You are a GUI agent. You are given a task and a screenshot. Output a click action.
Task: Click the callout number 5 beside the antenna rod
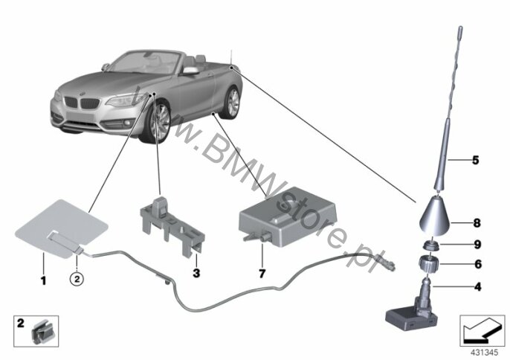point(476,160)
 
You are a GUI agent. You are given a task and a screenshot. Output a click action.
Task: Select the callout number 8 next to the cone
point(477,223)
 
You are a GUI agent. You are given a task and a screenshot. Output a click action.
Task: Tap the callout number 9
point(477,245)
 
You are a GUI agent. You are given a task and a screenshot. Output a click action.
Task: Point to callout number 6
point(478,264)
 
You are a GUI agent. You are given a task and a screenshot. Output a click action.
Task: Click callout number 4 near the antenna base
point(477,287)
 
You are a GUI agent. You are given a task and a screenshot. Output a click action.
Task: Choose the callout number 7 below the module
point(262,274)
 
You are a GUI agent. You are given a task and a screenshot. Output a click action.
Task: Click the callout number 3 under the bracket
point(196,273)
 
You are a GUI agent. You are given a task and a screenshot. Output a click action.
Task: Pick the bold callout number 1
point(44,280)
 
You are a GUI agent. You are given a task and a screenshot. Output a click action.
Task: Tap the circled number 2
point(77,279)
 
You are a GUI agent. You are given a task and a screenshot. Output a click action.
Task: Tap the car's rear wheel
point(232,103)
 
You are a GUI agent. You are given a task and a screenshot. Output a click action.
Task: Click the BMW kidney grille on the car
point(81,103)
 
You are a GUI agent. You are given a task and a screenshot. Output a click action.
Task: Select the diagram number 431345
point(485,353)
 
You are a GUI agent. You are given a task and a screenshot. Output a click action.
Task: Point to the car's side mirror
point(191,71)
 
